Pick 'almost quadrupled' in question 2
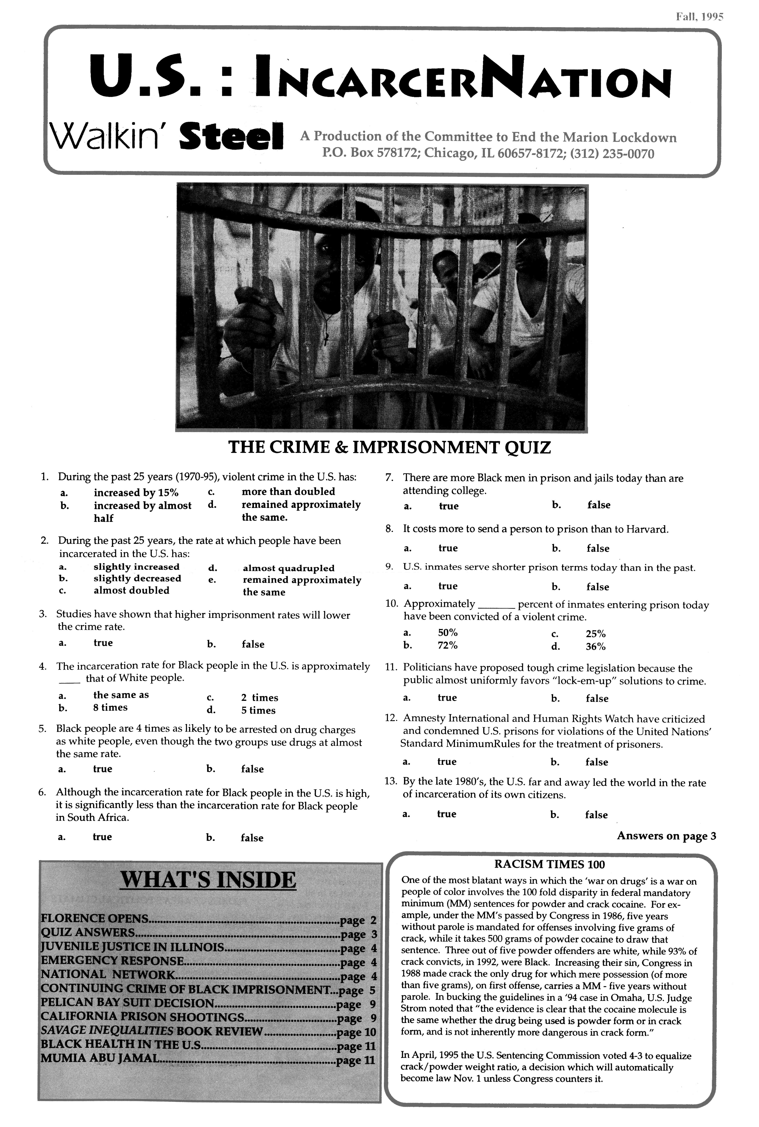(x=289, y=568)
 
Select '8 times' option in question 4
(x=110, y=708)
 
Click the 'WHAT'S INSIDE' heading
(x=208, y=880)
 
